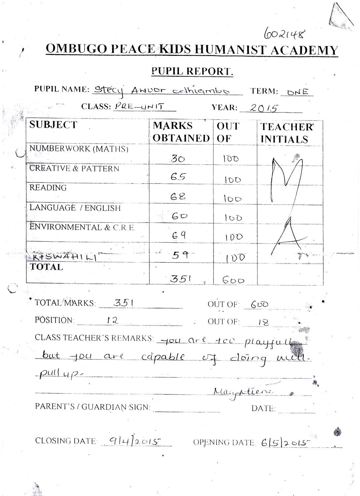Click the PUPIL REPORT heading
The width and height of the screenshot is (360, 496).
[x=192, y=71]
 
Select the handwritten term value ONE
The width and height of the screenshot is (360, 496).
[x=298, y=92]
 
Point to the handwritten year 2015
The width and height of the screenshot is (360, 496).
[x=263, y=108]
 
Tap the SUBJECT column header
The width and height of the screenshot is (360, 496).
[x=53, y=125]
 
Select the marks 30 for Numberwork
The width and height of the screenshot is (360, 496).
[x=178, y=159]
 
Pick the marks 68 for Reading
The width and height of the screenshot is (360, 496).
[x=178, y=197]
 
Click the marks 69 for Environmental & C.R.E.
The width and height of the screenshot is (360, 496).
[x=179, y=235]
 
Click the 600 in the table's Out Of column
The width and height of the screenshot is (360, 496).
[x=233, y=280]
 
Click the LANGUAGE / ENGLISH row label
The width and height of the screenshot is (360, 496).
[x=75, y=208]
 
